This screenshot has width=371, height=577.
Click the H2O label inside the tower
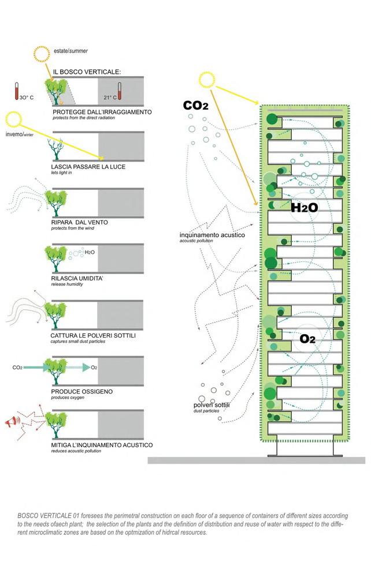(x=304, y=208)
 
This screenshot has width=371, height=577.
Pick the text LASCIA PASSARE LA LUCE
(x=88, y=167)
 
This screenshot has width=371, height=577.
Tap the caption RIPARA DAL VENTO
(x=79, y=222)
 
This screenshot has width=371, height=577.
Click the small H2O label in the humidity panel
(x=89, y=252)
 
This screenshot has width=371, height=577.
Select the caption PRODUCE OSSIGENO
(x=81, y=391)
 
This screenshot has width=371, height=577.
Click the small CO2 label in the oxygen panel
(x=17, y=367)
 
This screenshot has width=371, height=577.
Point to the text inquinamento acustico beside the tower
(x=203, y=235)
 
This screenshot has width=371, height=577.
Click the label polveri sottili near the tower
(x=212, y=406)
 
